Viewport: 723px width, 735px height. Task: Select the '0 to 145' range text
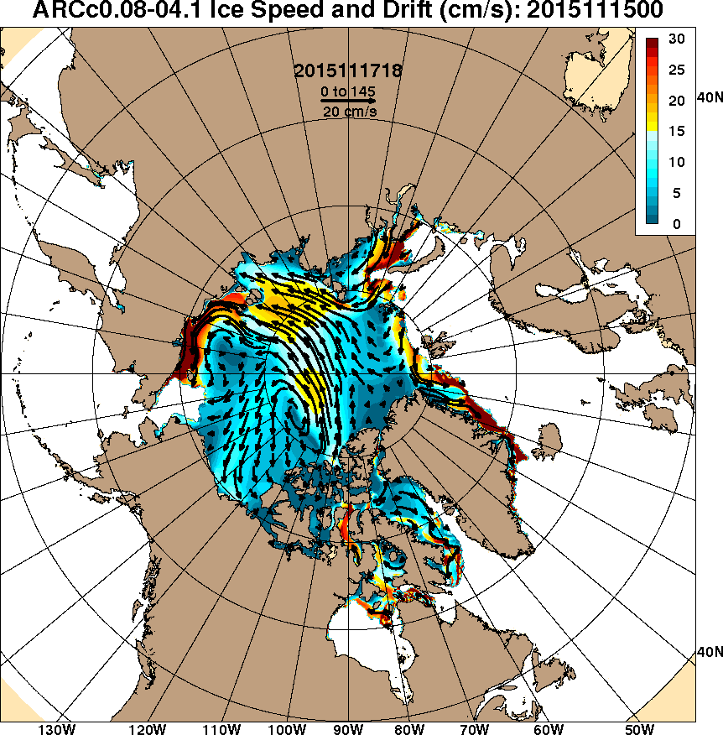pos(347,90)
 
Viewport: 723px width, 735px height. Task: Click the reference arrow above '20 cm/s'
pos(347,100)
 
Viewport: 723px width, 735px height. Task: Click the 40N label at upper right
pos(710,98)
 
